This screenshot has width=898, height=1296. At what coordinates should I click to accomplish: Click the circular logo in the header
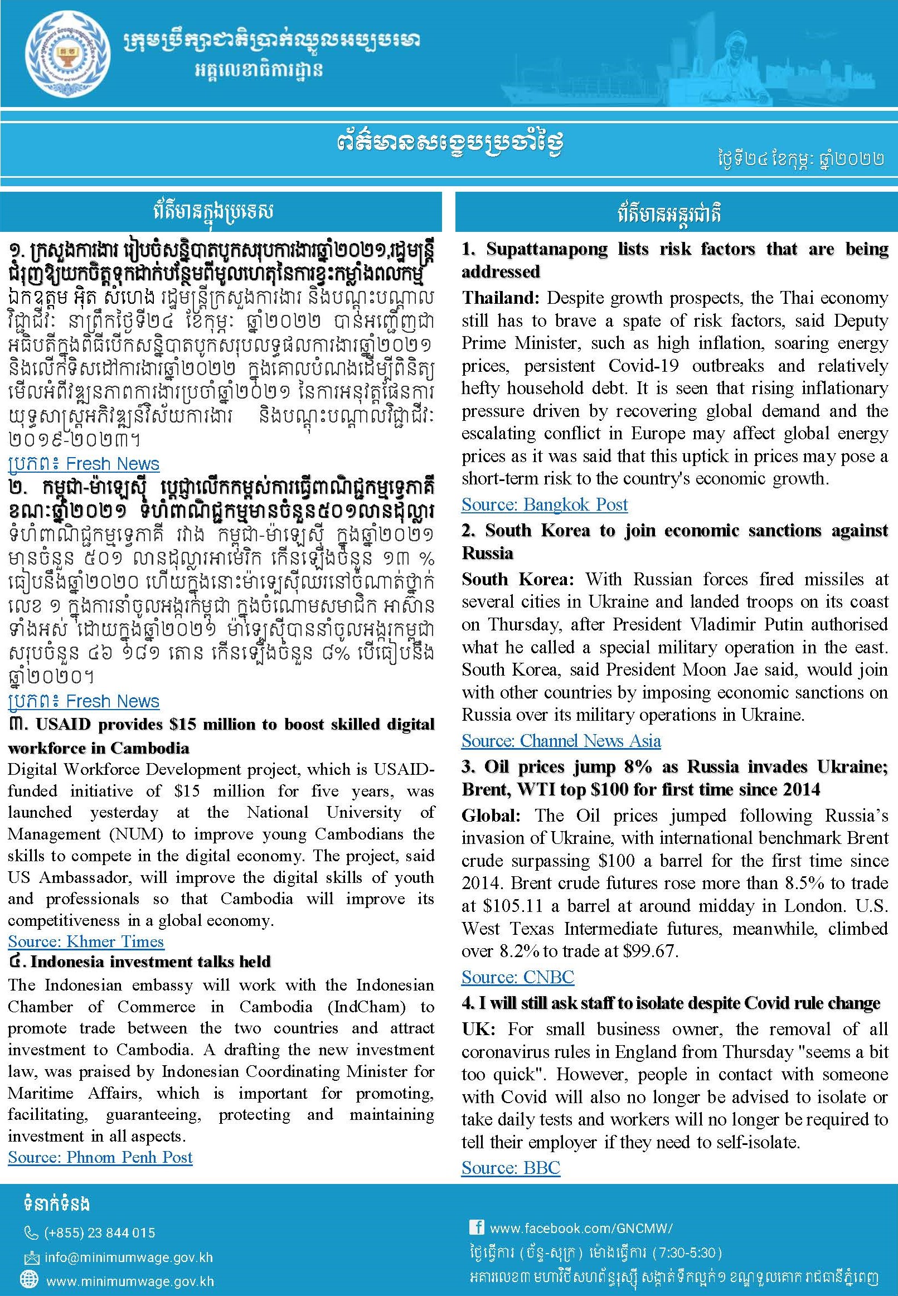(x=67, y=55)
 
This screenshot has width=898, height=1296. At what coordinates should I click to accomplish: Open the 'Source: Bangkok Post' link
(x=544, y=504)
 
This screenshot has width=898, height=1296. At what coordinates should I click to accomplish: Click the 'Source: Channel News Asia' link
(x=561, y=741)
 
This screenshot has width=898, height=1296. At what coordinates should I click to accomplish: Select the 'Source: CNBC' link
(x=518, y=977)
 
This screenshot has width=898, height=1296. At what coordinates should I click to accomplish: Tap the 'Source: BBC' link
(x=511, y=1168)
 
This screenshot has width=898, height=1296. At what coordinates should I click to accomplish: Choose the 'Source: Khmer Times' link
(x=85, y=941)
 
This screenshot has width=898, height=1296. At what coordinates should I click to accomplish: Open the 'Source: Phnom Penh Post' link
(x=100, y=1157)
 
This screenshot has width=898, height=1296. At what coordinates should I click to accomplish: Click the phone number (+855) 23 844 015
(x=100, y=1232)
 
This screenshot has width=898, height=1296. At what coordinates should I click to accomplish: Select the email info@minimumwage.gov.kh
(x=129, y=1257)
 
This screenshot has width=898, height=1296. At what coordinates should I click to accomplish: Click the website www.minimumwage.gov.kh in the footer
(x=130, y=1282)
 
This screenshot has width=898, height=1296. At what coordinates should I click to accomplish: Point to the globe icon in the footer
(x=28, y=1281)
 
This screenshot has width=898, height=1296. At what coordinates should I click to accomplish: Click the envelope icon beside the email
(x=31, y=1258)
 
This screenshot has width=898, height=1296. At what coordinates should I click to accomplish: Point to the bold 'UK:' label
(x=478, y=1030)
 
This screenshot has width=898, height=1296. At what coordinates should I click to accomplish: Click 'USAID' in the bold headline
(x=64, y=725)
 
